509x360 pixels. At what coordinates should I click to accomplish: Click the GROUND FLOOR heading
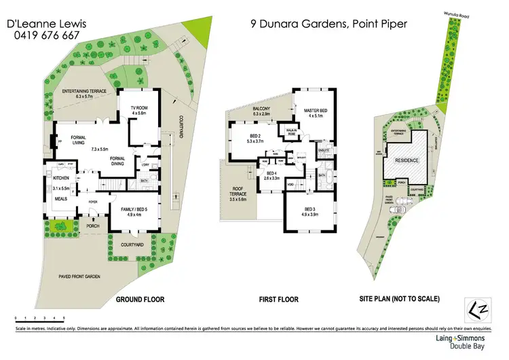(140, 299)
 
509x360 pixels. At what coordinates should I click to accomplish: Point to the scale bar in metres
(39, 319)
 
